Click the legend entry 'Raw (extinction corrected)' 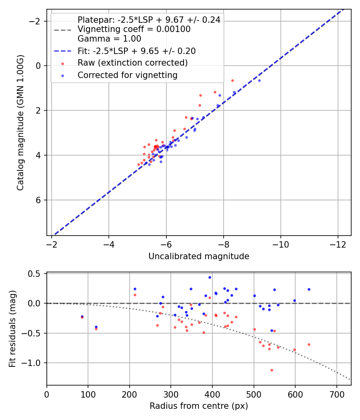click(x=132, y=63)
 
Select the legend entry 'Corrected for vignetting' click(x=127, y=75)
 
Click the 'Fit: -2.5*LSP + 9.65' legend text click(x=136, y=51)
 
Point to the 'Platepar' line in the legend click(x=149, y=20)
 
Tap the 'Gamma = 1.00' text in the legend click(x=109, y=39)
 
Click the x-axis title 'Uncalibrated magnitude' click(x=199, y=256)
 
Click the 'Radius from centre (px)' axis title click(x=199, y=406)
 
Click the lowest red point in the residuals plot click(x=272, y=370)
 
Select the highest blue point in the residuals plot click(x=210, y=277)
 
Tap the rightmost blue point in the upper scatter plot click(x=259, y=80)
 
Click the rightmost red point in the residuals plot click(x=309, y=344)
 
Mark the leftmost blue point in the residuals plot click(x=82, y=316)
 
